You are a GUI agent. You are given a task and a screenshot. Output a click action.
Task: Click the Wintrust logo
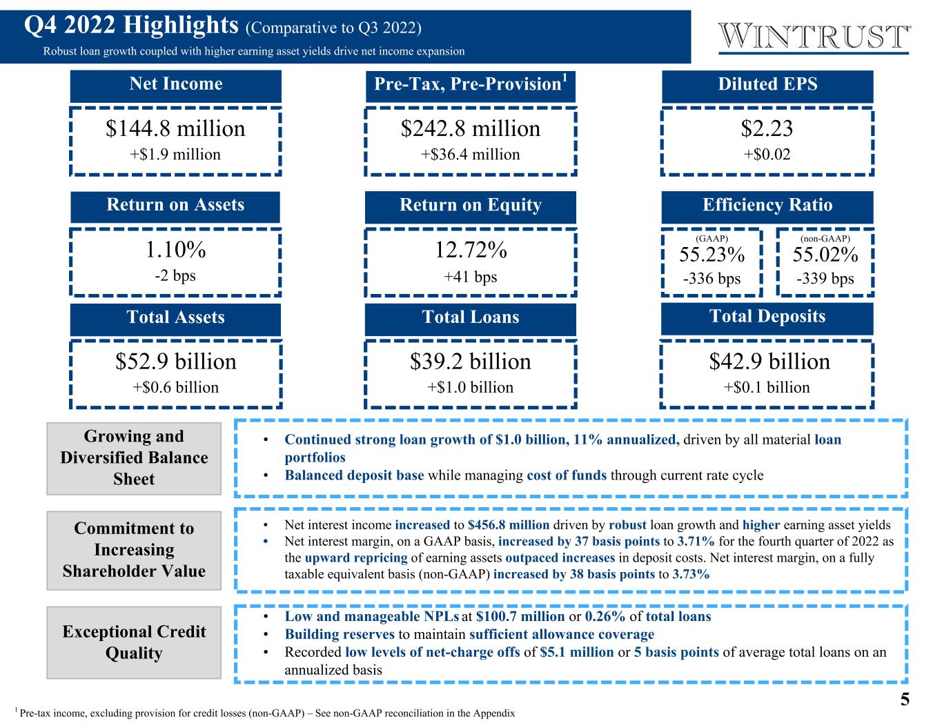814,37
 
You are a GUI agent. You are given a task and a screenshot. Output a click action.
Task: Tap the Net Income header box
176,85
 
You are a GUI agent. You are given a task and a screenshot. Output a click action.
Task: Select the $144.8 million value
175,129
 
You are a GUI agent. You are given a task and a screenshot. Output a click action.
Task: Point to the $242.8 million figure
471,129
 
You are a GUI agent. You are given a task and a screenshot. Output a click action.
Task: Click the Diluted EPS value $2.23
767,129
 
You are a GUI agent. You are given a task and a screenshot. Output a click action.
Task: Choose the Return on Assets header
175,206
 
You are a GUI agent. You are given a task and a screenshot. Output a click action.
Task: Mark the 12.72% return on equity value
471,250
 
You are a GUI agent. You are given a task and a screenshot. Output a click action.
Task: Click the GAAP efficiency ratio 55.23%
712,255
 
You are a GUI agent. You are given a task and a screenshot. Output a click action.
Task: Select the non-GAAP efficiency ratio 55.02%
825,255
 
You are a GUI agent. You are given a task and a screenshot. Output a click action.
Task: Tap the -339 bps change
825,279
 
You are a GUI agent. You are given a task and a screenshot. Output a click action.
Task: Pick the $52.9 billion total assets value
175,362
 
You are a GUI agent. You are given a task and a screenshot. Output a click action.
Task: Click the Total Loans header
471,317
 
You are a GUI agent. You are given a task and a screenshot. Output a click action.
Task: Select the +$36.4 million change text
471,155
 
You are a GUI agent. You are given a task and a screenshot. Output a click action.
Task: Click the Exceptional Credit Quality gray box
134,642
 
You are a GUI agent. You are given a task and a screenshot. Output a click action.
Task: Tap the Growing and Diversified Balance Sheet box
134,458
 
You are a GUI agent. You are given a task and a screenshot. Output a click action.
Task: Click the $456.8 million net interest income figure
508,525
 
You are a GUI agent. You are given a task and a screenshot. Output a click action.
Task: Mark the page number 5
904,700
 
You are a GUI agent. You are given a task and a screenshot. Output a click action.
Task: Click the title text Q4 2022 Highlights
130,26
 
